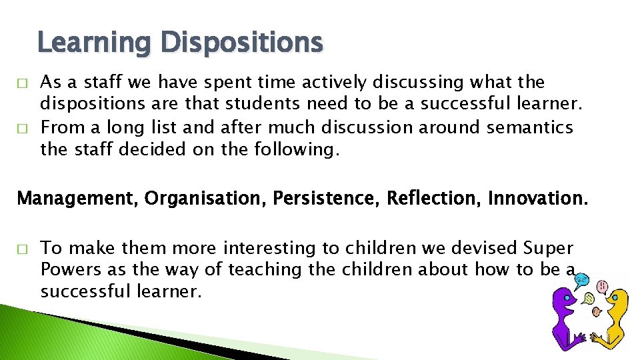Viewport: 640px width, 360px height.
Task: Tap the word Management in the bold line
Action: pyautogui.click(x=77, y=199)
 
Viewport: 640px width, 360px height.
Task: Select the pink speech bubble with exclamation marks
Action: pyautogui.click(x=603, y=287)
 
